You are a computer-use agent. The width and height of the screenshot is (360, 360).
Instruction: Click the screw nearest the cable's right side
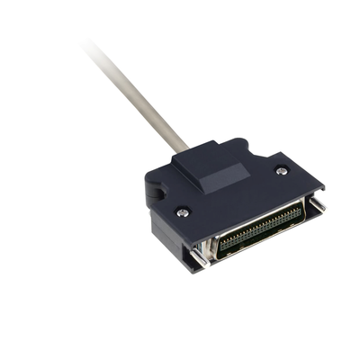[x=282, y=168]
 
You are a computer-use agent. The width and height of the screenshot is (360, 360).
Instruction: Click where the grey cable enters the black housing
[x=184, y=147]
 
